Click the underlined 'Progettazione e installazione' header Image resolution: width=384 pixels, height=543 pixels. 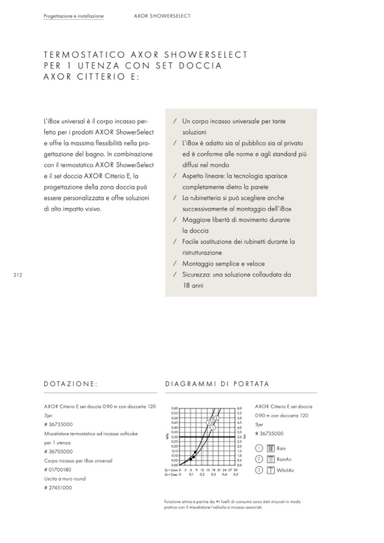[74, 16]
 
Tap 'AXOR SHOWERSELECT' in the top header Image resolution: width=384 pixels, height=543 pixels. [162, 16]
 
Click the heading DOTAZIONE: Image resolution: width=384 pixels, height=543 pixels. [71, 384]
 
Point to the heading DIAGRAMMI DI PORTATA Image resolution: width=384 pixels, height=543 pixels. [217, 384]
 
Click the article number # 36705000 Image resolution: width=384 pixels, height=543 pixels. [58, 451]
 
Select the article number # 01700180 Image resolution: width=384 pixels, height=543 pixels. [58, 469]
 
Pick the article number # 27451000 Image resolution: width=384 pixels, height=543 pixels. [58, 487]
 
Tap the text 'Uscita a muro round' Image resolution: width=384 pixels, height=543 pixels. [65, 478]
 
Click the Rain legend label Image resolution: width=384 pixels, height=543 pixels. [281, 448]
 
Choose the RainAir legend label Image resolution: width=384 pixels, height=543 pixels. [284, 459]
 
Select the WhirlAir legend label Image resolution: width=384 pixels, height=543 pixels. [285, 470]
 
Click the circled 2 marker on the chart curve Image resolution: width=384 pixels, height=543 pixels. [216, 418]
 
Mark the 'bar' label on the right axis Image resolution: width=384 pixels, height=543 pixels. [245, 437]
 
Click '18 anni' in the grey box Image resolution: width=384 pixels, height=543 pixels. [193, 285]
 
